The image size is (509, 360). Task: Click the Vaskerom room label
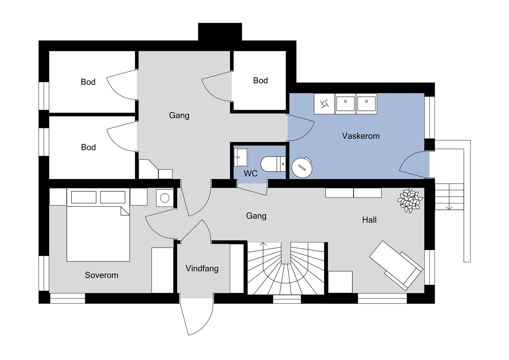(361, 136)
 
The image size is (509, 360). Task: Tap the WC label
(251, 173)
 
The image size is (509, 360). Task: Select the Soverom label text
(101, 275)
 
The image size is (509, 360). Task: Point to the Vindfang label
(202, 269)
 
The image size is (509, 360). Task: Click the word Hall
(369, 220)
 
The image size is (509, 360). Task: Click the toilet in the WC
(273, 164)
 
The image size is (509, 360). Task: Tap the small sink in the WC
(241, 157)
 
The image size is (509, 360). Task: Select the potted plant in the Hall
(410, 200)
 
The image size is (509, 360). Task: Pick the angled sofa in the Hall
(396, 265)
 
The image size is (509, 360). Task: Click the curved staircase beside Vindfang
(286, 268)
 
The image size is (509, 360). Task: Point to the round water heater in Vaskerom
(302, 167)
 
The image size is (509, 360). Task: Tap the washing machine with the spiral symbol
(324, 104)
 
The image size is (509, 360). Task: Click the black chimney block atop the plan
(220, 32)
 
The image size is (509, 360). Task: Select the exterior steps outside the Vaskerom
(449, 196)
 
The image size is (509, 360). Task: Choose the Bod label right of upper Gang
(261, 81)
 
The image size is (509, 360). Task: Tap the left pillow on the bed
(84, 197)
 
